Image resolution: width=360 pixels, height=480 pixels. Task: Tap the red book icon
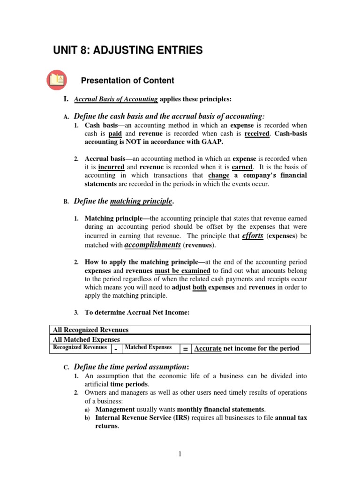57,80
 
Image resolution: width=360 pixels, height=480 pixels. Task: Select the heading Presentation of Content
127,81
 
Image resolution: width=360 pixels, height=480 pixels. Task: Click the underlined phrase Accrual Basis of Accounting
116,99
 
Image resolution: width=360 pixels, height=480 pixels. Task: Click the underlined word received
257,134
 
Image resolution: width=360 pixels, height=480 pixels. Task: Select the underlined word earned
242,167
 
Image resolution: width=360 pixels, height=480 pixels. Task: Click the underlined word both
199,287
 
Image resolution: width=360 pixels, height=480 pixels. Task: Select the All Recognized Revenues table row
180,330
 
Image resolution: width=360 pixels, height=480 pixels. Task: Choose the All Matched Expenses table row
180,339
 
